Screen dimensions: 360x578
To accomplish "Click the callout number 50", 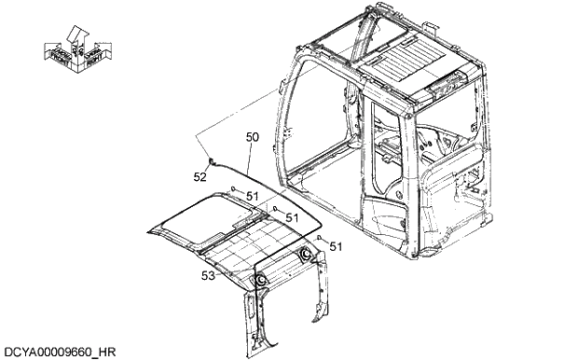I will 252,137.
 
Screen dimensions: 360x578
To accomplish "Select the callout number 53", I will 209,275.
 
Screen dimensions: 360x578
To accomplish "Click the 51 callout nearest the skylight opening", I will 252,196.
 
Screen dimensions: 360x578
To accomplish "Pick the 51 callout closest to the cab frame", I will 336,246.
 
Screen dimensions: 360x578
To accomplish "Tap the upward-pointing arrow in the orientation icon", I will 76,35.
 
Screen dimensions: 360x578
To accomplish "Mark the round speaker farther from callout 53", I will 306,254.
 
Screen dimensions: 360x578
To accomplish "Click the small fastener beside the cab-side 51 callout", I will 320,240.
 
